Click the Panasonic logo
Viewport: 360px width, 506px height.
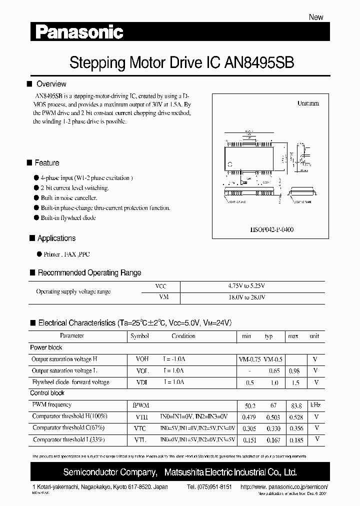tap(79, 33)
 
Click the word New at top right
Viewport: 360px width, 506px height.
tap(316, 17)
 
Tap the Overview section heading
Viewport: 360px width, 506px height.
tap(51, 84)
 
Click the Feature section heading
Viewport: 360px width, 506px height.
tap(46, 163)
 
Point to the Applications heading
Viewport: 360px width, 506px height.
tap(56, 238)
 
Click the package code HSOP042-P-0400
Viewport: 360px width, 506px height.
tap(271, 229)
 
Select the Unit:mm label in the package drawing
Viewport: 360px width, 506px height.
tap(308, 103)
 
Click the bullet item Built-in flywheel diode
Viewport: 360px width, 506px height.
tap(68, 218)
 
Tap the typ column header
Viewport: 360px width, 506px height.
tap(268, 336)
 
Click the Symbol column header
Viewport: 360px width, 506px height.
tap(139, 336)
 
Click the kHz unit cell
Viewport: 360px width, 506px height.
tap(315, 405)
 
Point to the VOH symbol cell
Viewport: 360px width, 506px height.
tap(142, 359)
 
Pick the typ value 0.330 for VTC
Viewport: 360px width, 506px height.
tap(272, 428)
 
